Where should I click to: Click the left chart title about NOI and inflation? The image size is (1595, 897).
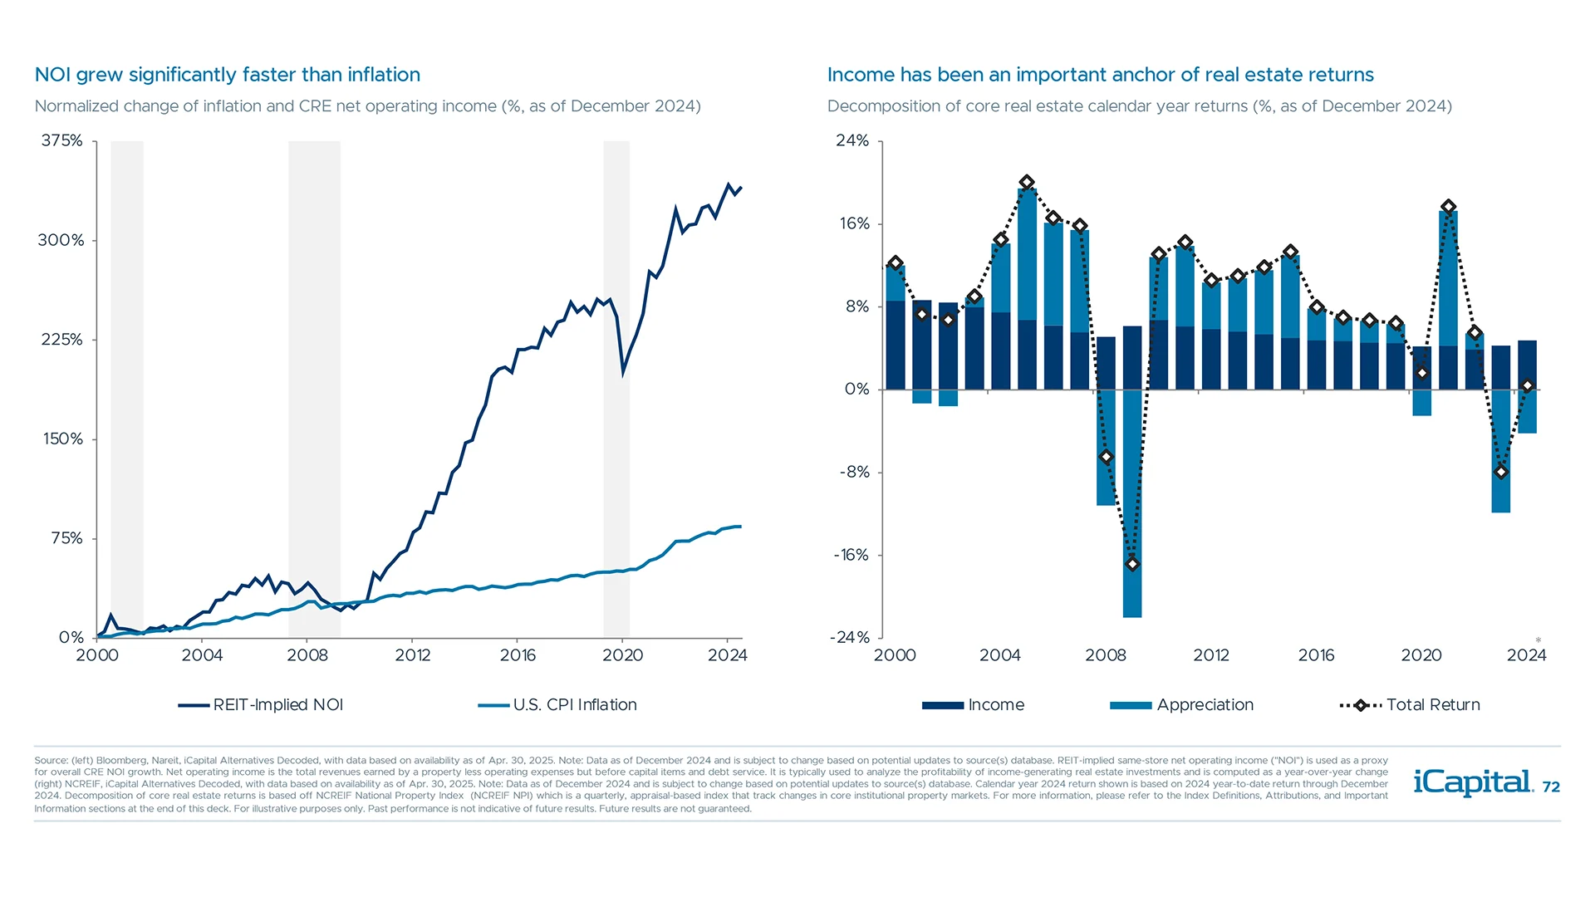pyautogui.click(x=227, y=75)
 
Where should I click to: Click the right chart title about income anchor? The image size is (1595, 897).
pyautogui.click(x=1100, y=75)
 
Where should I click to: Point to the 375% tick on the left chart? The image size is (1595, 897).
pyautogui.click(x=62, y=140)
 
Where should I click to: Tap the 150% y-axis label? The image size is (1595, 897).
pyautogui.click(x=63, y=439)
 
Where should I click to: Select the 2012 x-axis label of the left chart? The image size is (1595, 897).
pyautogui.click(x=412, y=655)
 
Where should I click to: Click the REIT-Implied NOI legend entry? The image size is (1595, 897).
pyautogui.click(x=261, y=705)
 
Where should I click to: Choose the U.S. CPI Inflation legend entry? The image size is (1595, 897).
pyautogui.click(x=557, y=705)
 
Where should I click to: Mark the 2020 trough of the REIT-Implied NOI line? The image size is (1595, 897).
pyautogui.click(x=623, y=371)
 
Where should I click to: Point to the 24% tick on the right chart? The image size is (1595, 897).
pyautogui.click(x=852, y=140)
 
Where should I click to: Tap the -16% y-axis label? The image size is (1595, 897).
pyautogui.click(x=851, y=555)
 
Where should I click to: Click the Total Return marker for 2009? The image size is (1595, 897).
pyautogui.click(x=1131, y=564)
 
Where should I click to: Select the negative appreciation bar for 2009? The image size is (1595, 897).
pyautogui.click(x=1131, y=507)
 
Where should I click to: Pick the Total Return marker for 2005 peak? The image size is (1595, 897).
pyautogui.click(x=1027, y=182)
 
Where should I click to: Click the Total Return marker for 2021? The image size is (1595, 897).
pyautogui.click(x=1448, y=207)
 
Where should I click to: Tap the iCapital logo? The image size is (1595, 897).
pyautogui.click(x=1472, y=782)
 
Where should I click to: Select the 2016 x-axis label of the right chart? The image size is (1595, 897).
pyautogui.click(x=1316, y=655)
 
